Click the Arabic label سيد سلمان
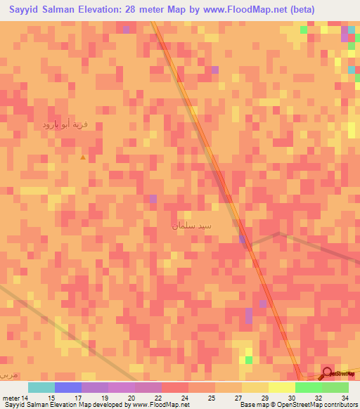coord(191,227)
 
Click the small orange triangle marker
coord(83,157)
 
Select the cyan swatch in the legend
coord(41,387)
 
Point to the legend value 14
coord(25,398)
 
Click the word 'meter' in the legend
coord(11,398)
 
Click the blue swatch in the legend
coord(68,387)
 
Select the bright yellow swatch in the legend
coord(281,387)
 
